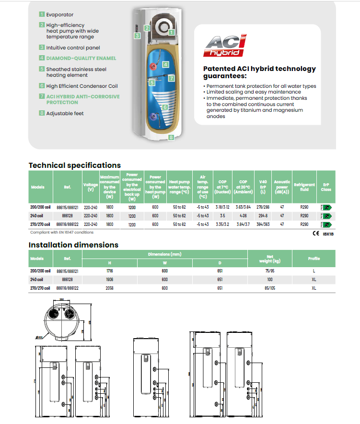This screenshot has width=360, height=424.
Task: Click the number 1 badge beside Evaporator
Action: point(42,15)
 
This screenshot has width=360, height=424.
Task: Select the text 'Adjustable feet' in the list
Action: point(65,114)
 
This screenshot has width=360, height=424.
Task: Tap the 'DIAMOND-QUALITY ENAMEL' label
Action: point(81,58)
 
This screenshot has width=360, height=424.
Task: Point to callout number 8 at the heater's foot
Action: point(171,137)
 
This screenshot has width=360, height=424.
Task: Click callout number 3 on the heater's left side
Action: point(137,35)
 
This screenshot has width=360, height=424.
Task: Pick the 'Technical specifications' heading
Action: point(74,165)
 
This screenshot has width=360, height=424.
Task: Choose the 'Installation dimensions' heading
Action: point(73,245)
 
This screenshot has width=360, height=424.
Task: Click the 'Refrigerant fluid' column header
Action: point(304,187)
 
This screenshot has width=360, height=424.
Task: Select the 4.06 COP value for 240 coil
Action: point(243,216)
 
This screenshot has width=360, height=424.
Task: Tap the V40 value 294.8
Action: point(263,216)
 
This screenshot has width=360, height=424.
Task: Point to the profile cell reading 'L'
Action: point(314,271)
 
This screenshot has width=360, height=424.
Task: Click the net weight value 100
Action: point(270,279)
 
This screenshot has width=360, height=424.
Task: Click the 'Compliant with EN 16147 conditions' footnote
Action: point(62,232)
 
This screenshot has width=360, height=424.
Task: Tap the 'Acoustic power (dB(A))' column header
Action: point(282,187)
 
